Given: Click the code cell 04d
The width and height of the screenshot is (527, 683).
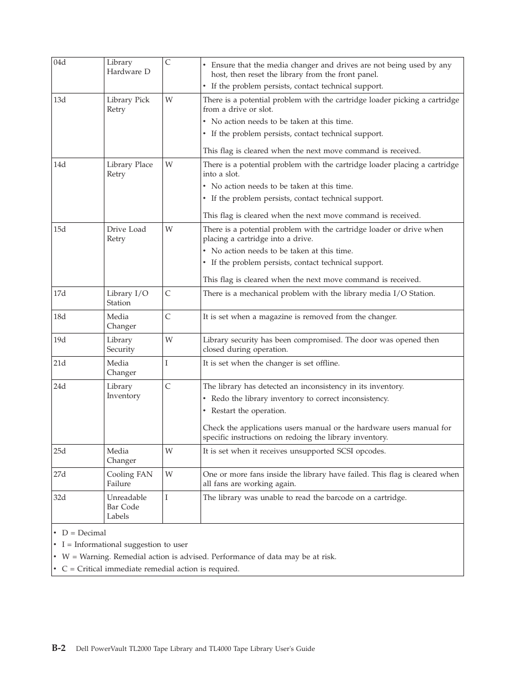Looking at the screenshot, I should tap(60, 62).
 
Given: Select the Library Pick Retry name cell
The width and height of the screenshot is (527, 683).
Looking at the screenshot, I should tap(128, 105).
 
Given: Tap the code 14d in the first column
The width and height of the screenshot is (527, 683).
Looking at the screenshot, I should tap(60, 165).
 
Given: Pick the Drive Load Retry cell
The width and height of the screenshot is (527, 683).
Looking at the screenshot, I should tap(127, 234).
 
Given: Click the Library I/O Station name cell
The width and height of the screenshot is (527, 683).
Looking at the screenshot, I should tap(128, 298).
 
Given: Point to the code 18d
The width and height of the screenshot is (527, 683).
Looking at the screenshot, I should tap(60, 317).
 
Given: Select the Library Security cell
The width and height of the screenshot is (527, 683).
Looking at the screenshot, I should tap(120, 345).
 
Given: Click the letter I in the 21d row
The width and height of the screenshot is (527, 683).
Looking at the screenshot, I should tap(166, 363).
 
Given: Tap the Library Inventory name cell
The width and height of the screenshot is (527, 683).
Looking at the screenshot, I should tap(123, 391).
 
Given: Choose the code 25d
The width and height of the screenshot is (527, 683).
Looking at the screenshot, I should tap(60, 451).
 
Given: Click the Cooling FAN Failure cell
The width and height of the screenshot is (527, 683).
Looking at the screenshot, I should tap(129, 479).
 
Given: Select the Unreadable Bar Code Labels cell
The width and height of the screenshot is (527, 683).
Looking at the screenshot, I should tap(127, 507).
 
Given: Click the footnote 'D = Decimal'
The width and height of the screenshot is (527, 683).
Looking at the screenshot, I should tap(83, 533).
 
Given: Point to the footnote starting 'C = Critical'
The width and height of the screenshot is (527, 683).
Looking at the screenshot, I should tap(150, 569).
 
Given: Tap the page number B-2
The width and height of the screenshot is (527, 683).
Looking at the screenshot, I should tap(59, 648).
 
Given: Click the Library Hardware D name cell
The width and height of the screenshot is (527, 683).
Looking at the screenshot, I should tap(128, 67).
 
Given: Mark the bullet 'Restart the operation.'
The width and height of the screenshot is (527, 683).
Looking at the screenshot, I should tap(248, 411).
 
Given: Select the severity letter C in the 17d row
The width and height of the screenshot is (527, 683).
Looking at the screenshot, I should tap(168, 294).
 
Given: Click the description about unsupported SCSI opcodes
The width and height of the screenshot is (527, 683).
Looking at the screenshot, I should tap(294, 451).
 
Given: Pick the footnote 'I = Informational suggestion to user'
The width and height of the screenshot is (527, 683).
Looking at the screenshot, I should tap(124, 545).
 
